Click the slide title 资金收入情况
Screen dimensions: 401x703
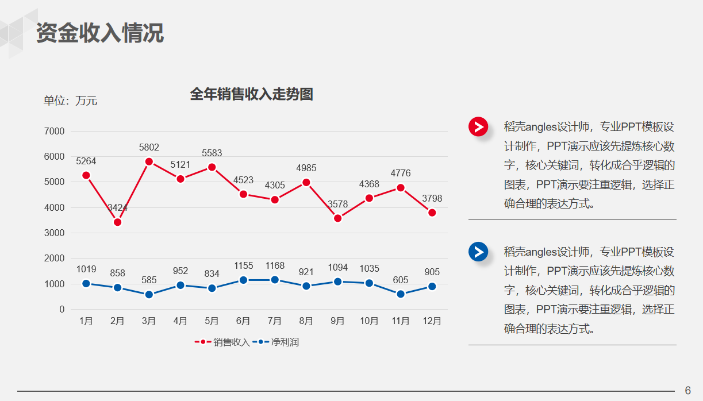tap(100, 33)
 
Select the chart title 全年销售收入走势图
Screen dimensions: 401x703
tap(251, 94)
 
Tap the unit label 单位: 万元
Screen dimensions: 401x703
tap(71, 101)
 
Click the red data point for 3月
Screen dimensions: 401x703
tap(149, 161)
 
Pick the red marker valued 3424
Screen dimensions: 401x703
tap(117, 222)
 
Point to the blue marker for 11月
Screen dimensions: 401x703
tap(401, 294)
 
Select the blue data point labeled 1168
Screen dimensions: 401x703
tap(275, 280)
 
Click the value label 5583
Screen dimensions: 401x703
tap(212, 153)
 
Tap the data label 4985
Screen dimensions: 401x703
tap(306, 168)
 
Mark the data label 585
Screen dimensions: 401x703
tap(149, 280)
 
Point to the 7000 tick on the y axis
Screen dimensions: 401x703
tap(55, 131)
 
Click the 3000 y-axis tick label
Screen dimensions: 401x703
tap(55, 233)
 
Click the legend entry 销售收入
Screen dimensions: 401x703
tap(224, 342)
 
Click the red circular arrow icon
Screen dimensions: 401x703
tap(478, 126)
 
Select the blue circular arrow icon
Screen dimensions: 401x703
tap(478, 252)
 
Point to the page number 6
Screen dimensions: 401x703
tap(688, 390)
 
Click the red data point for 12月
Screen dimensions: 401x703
tap(432, 213)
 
